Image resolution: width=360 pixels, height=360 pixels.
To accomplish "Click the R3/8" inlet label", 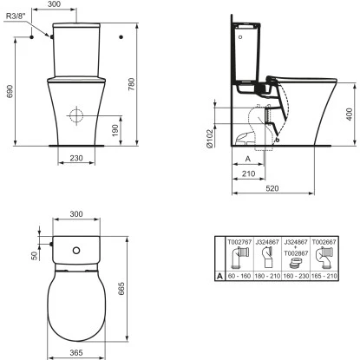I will (17, 15).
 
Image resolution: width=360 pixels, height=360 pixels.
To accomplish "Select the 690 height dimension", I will (10, 92).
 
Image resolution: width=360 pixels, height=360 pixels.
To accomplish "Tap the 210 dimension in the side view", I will (249, 174).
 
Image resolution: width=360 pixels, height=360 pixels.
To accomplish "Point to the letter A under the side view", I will (249, 160).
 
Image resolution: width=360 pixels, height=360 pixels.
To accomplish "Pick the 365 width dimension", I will (76, 354).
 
